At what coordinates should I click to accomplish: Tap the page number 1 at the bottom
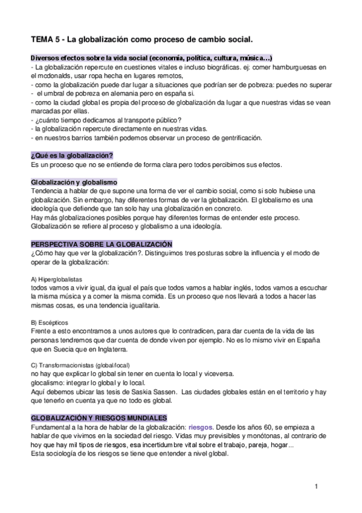coord(316,487)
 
